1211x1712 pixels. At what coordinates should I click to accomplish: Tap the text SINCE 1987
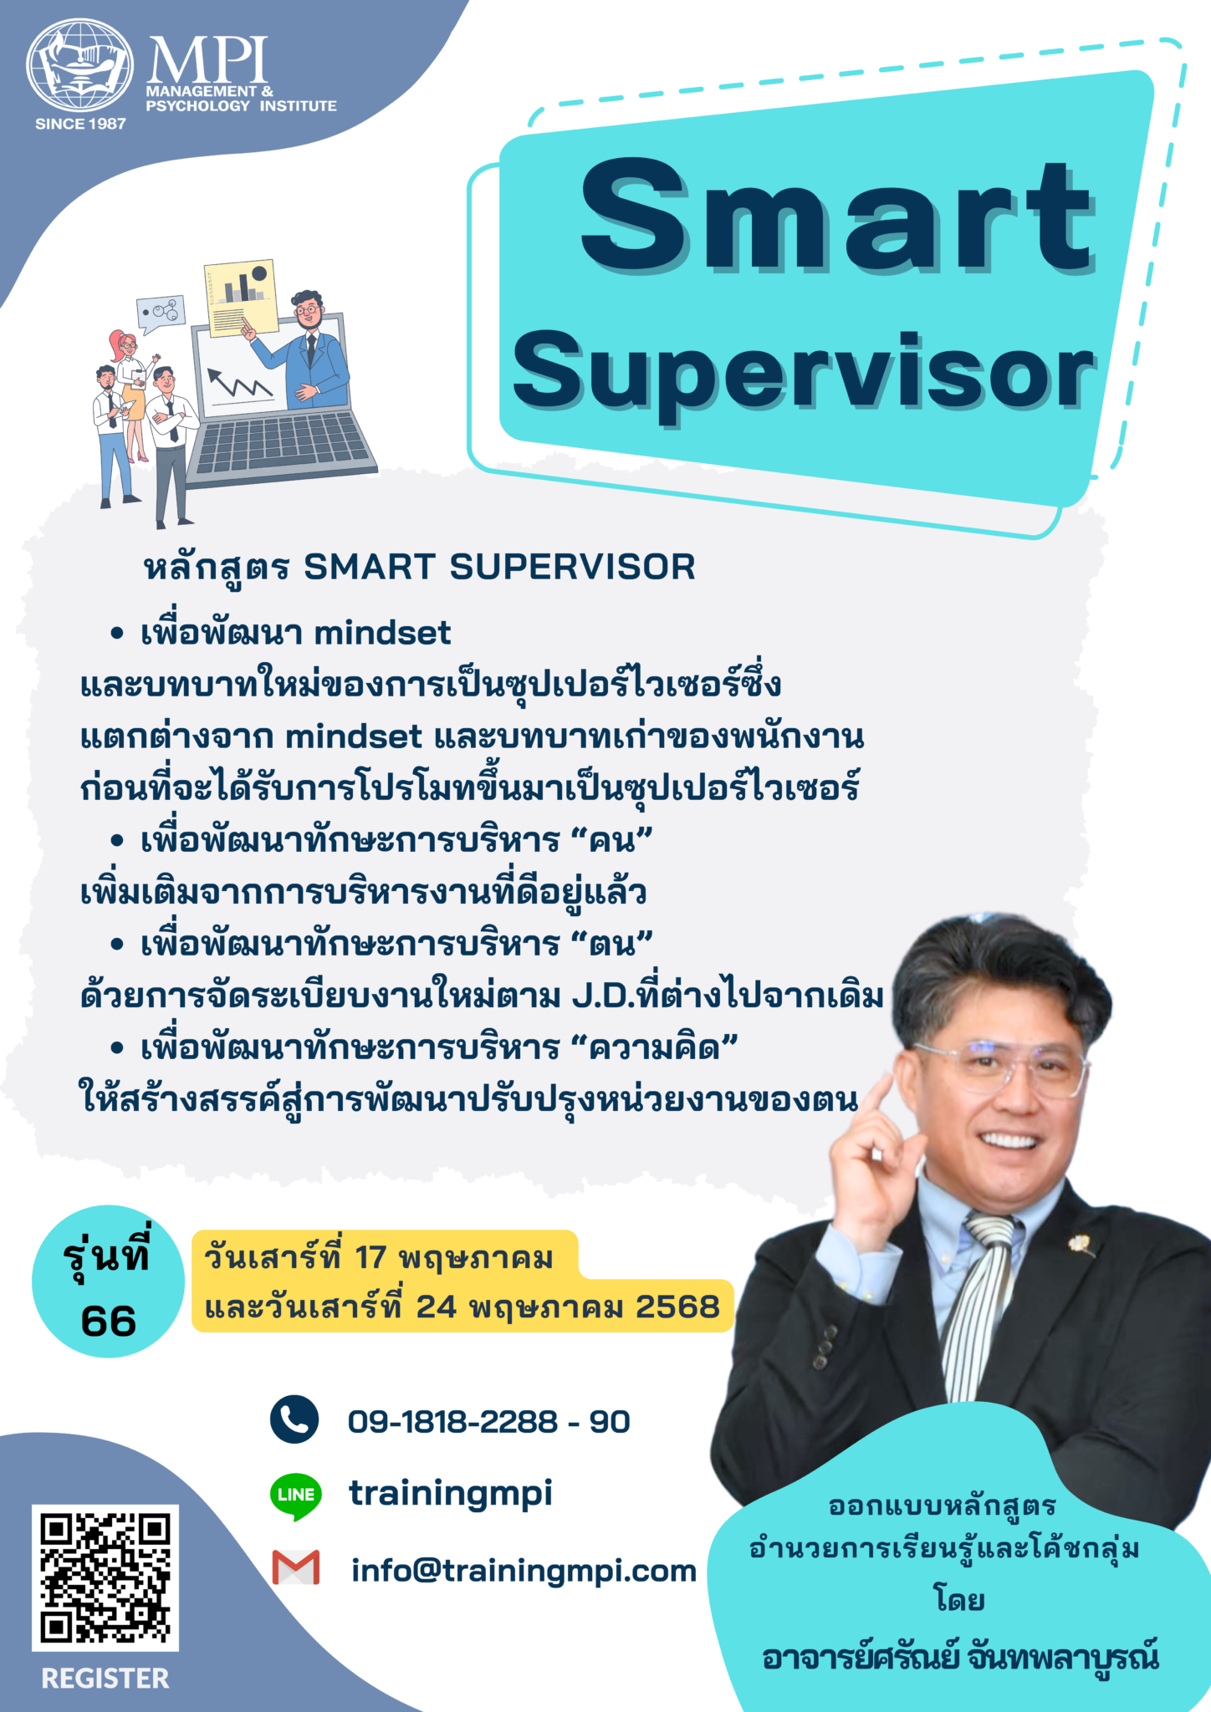coord(80,124)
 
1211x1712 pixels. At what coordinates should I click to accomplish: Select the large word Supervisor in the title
coord(803,372)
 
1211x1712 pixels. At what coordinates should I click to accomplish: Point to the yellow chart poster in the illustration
coord(241,296)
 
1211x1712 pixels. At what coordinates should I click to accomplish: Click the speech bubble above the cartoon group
coord(161,313)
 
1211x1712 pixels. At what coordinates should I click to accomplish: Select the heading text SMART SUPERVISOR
coord(499,568)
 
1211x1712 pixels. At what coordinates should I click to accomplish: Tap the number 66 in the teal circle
coord(109,1322)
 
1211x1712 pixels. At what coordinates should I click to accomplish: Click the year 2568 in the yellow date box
coord(677,1307)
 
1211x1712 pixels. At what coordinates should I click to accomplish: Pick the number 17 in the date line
coord(370,1256)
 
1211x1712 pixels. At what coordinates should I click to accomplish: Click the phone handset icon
coord(294,1419)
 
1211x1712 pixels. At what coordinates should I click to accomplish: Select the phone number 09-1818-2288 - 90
coord(488,1421)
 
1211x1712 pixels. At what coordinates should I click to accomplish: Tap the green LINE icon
coord(295,1495)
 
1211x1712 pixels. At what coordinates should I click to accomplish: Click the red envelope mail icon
coord(296,1567)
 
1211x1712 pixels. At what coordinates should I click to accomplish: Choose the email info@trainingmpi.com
coord(524,1571)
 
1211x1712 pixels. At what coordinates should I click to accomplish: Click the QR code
coord(105,1577)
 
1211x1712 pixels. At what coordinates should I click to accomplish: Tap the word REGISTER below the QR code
coord(105,1678)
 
